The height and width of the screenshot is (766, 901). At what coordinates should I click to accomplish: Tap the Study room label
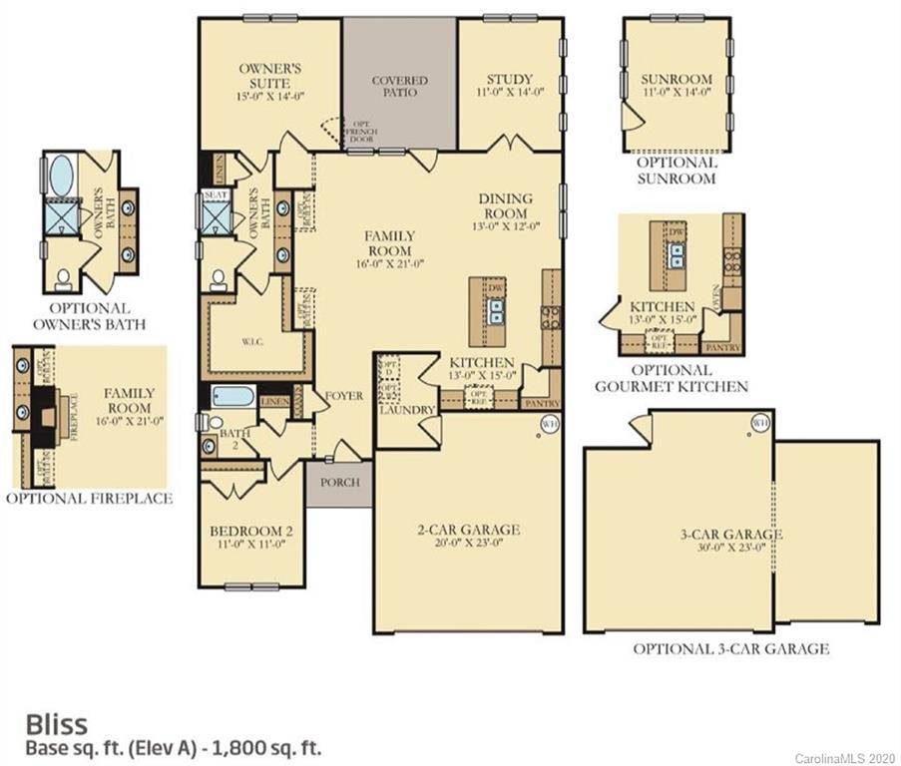[509, 79]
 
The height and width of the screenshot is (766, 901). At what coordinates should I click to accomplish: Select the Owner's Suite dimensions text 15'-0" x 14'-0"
[269, 97]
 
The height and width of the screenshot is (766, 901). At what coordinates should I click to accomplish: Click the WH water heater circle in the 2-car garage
[548, 424]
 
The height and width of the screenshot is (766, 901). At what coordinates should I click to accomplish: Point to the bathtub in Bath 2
[233, 396]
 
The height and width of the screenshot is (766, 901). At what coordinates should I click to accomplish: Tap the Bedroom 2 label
[249, 530]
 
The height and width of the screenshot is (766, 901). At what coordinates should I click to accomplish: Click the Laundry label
[407, 410]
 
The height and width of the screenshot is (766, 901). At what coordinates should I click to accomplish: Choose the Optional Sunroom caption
[676, 170]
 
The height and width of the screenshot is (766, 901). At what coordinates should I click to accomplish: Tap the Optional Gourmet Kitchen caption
[671, 378]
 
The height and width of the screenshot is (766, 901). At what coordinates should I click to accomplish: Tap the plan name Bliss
[56, 722]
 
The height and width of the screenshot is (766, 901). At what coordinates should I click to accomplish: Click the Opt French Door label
[359, 131]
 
